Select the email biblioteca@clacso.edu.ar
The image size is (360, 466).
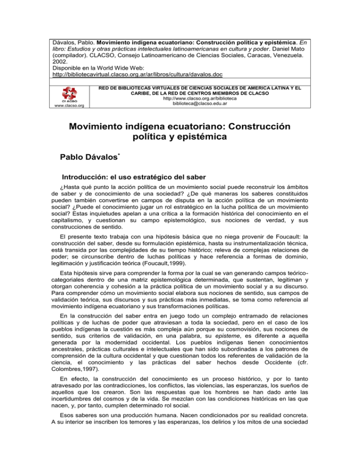[206, 105]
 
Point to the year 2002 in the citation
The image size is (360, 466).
[58, 59]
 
